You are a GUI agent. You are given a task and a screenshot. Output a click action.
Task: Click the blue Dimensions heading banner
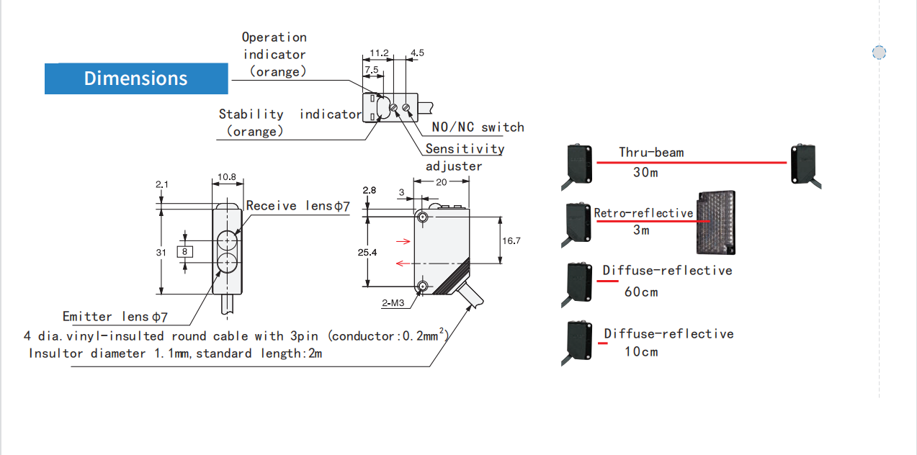(x=136, y=78)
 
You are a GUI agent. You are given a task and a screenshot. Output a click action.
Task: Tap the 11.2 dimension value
(x=379, y=53)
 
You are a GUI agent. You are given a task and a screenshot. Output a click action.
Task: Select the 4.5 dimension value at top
(x=417, y=53)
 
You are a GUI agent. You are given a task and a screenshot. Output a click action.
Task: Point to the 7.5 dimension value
(x=372, y=70)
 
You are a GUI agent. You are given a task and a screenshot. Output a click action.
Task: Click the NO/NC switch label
(x=478, y=127)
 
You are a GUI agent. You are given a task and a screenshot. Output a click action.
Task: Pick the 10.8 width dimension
(x=228, y=176)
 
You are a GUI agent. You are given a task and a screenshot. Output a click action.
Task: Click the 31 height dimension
(x=161, y=252)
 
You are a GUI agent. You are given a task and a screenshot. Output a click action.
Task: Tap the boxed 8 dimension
(x=185, y=251)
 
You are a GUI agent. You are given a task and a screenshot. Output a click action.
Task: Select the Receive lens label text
(x=298, y=206)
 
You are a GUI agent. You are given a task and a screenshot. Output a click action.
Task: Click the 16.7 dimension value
(x=511, y=240)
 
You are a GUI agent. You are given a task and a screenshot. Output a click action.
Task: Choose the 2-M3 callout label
(x=393, y=303)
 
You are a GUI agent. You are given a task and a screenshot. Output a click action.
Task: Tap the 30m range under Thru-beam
(x=645, y=173)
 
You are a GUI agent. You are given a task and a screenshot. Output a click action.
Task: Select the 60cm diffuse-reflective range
(x=640, y=292)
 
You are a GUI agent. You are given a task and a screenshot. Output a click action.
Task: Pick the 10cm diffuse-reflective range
(x=640, y=351)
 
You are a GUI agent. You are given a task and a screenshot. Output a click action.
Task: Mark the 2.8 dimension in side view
(x=370, y=190)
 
